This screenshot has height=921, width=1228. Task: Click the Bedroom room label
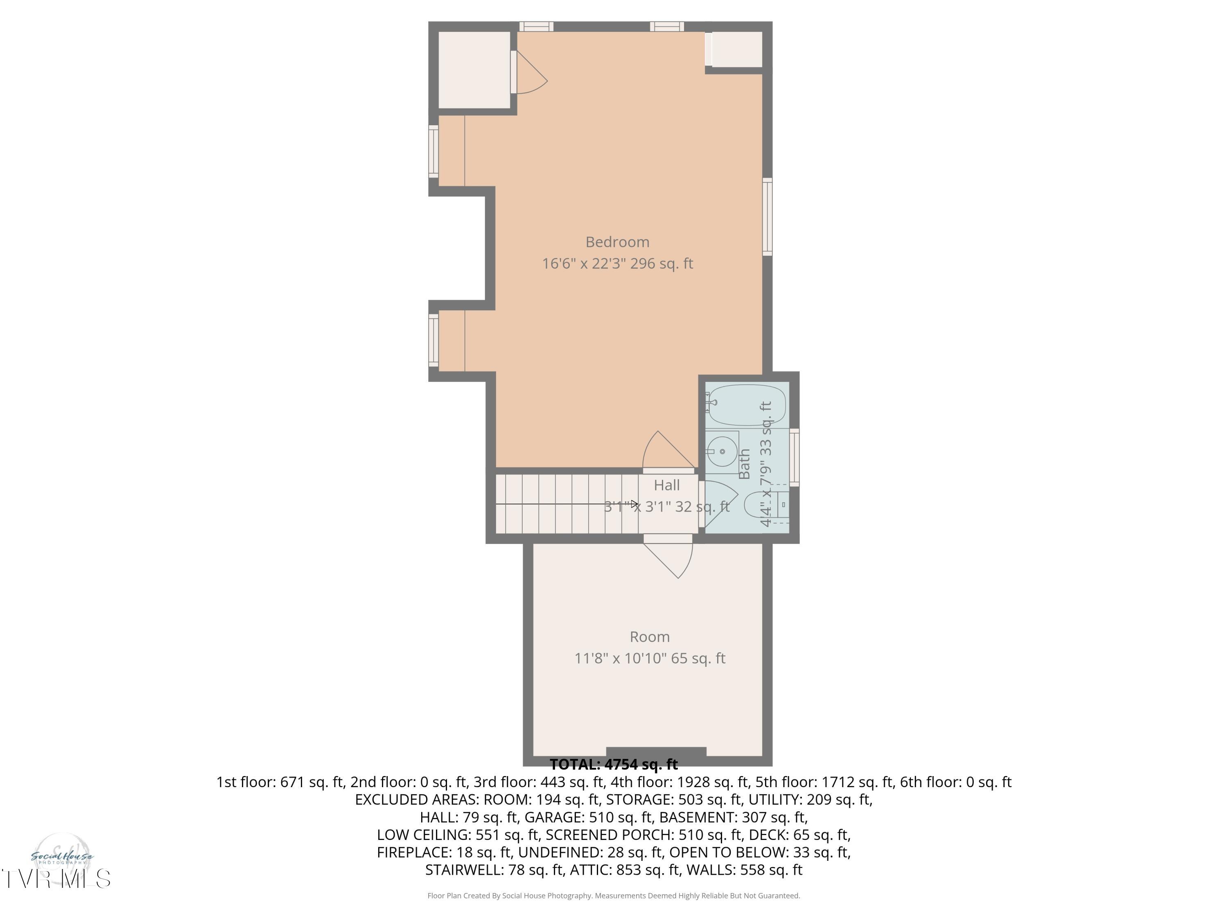(617, 242)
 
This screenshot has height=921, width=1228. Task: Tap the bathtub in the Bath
(747, 405)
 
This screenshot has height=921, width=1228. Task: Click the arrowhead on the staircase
(634, 504)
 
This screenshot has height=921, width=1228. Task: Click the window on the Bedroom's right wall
(767, 217)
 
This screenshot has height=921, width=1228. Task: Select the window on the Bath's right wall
(795, 458)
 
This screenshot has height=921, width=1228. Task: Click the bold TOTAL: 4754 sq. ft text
(614, 765)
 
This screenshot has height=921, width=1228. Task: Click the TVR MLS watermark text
(56, 879)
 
